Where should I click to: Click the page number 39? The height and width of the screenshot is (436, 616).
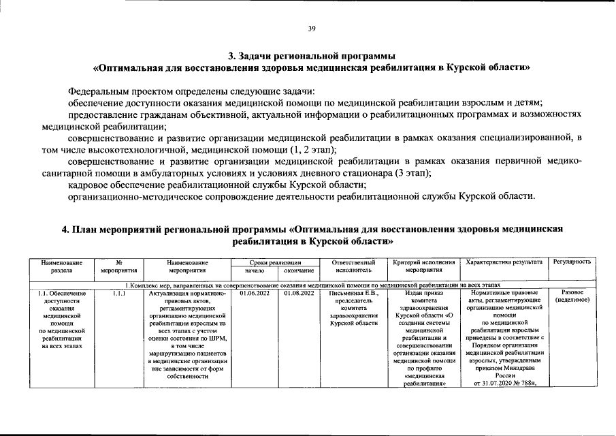311,28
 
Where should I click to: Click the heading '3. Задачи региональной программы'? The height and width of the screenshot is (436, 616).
311,55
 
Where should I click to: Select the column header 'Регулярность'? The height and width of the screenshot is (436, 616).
572,262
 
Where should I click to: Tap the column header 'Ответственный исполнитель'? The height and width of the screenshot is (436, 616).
353,266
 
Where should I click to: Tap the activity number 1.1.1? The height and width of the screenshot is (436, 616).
119,294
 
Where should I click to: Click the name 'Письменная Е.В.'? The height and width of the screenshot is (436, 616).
353,294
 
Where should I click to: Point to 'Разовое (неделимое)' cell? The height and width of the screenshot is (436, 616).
572,297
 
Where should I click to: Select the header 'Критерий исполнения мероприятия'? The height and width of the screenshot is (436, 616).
424,266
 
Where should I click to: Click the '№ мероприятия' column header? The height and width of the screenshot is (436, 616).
119,266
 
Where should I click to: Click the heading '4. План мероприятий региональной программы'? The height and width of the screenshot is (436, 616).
312,230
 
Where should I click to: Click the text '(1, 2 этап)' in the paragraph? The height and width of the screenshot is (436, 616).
313,149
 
